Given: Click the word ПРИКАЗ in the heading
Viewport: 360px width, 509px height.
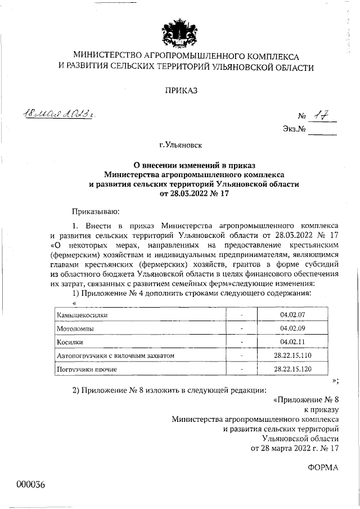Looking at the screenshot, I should [181, 90].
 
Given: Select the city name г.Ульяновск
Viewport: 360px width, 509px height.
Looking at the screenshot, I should [181, 145].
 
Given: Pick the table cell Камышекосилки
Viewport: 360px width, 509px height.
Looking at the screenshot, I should [82, 315].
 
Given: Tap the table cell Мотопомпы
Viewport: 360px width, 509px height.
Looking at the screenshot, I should [75, 328].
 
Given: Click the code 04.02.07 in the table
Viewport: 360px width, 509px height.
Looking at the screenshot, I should [291, 315].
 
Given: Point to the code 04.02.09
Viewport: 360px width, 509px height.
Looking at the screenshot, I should [291, 328].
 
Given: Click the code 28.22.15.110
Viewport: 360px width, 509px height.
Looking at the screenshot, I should [292, 355].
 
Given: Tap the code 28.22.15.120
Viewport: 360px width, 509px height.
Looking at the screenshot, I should [292, 369].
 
